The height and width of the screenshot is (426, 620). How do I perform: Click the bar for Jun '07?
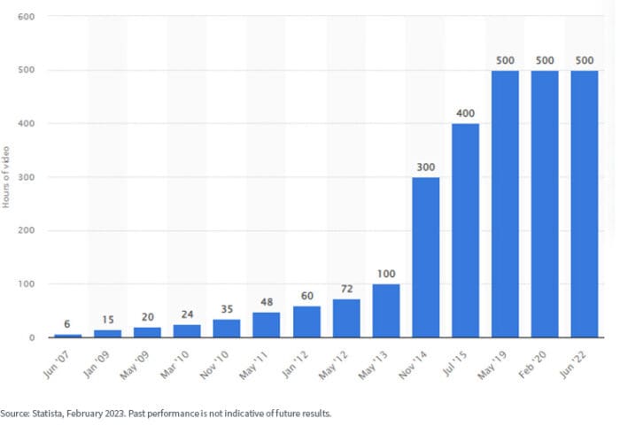pyautogui.click(x=66, y=336)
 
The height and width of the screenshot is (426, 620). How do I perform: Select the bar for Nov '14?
pyautogui.click(x=425, y=257)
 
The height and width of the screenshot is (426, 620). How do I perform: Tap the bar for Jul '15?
pyautogui.click(x=465, y=230)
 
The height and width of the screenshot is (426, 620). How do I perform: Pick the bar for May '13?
pyautogui.click(x=385, y=311)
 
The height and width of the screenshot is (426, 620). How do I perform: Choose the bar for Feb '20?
pyautogui.click(x=544, y=204)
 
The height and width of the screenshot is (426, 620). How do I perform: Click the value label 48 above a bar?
pyautogui.click(x=266, y=302)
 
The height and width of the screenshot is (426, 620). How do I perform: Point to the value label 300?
pyautogui.click(x=425, y=167)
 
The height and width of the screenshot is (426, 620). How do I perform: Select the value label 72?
pyautogui.click(x=345, y=289)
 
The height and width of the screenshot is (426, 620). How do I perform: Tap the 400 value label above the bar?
pyautogui.click(x=465, y=113)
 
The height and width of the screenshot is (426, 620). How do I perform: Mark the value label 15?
pyautogui.click(x=106, y=320)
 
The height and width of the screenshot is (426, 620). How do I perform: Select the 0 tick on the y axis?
pyautogui.click(x=32, y=337)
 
